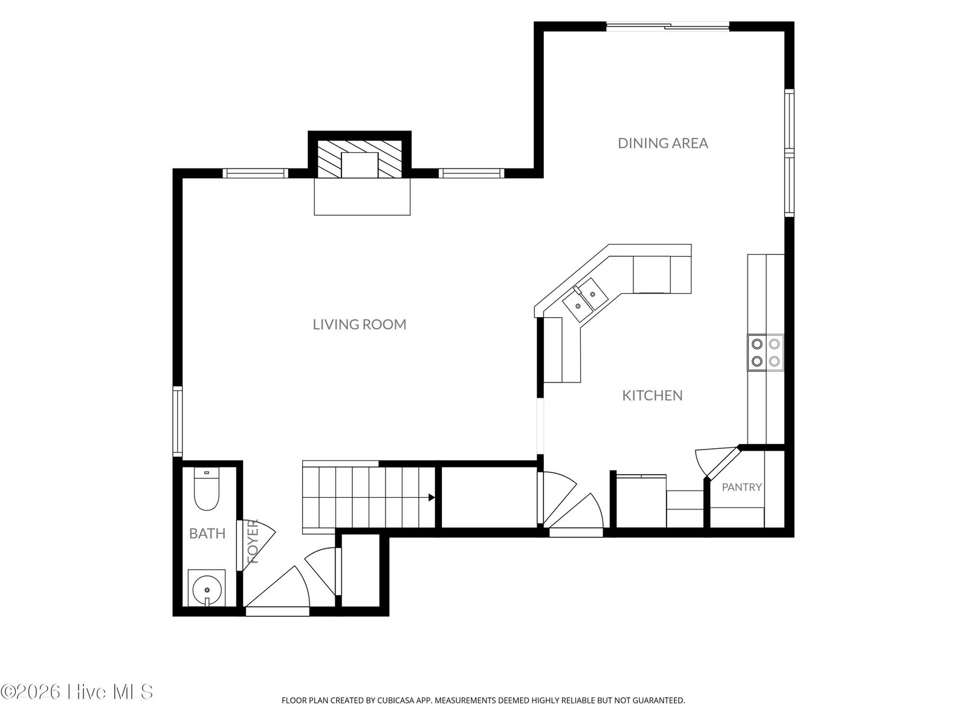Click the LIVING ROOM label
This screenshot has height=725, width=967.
(360, 324)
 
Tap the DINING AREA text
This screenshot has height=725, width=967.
(663, 143)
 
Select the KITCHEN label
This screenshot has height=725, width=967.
(653, 395)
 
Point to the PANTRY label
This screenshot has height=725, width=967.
(742, 487)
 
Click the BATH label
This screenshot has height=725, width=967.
(207, 533)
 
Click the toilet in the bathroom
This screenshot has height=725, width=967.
(207, 489)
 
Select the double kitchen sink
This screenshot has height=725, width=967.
(585, 300)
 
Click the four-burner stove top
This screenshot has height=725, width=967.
(766, 352)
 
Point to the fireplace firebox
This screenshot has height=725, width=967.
(360, 165)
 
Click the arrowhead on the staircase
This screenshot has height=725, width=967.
(432, 498)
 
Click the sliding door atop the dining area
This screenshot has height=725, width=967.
(668, 27)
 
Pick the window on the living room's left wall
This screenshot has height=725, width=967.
(177, 421)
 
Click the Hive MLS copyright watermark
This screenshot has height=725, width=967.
(77, 692)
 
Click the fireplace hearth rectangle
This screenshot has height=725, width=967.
(362, 197)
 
